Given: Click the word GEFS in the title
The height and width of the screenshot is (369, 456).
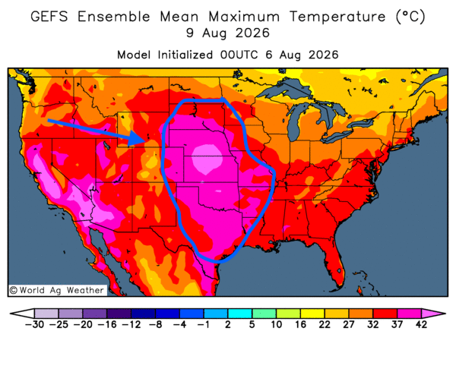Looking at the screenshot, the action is (x=49, y=16).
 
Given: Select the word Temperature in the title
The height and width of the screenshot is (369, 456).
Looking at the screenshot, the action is (x=337, y=16).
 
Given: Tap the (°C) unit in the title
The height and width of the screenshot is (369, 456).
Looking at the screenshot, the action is (x=410, y=16).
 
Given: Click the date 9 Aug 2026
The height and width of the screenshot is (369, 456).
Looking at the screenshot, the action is (x=228, y=33).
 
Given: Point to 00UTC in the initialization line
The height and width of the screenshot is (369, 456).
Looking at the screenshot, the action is (x=239, y=55).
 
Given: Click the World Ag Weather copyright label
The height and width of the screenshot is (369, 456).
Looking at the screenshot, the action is (x=57, y=290).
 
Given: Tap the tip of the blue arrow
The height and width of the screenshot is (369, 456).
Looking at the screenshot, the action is (x=145, y=141).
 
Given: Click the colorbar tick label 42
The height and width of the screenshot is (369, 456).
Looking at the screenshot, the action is (x=421, y=324).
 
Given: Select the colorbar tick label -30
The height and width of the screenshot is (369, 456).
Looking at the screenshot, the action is (x=34, y=324).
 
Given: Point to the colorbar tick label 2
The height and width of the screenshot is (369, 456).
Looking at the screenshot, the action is (x=228, y=324).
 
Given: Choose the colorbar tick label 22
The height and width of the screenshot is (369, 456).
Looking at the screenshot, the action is (x=325, y=324).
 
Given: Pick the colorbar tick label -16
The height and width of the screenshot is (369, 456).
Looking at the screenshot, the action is (x=107, y=324).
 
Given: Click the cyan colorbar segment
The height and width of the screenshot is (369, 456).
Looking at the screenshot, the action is (x=239, y=314).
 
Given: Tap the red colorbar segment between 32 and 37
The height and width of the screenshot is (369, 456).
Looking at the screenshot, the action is (x=385, y=314).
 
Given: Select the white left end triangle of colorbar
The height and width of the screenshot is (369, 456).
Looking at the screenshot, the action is (x=22, y=314).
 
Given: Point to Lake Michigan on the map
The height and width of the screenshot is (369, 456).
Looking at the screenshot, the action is (x=295, y=119).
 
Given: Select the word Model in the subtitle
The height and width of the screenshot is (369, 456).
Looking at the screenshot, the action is (x=134, y=55).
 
